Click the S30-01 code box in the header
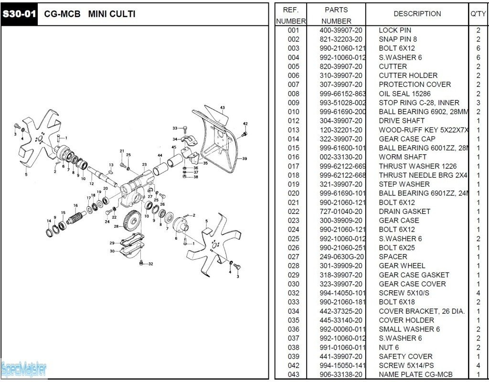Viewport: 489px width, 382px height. click(19, 14)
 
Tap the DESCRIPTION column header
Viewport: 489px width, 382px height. click(417, 14)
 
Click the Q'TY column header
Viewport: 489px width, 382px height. click(478, 14)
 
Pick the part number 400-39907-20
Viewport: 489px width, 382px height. click(340, 30)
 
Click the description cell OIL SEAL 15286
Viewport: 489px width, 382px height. click(404, 94)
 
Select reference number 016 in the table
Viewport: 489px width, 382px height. click(294, 157)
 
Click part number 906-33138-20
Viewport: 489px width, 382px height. click(340, 375)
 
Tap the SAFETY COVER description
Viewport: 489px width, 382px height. click(405, 357)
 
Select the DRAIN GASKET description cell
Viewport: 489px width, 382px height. click(404, 212)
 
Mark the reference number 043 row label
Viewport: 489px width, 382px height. click(294, 375)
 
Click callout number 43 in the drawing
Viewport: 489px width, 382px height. click(222, 107)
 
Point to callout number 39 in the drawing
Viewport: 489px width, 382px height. click(244, 159)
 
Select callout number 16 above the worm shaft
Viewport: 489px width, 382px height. click(75, 205)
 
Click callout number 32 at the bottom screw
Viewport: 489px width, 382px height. click(150, 264)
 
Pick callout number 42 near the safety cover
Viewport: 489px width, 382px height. click(245, 124)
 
